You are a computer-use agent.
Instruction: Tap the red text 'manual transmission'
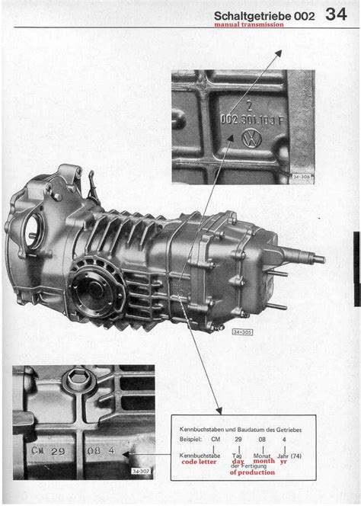(249, 24)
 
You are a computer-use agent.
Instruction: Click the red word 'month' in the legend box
(264, 461)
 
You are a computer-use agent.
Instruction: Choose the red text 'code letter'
(198, 461)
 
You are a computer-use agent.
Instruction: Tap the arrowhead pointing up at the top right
(278, 54)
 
